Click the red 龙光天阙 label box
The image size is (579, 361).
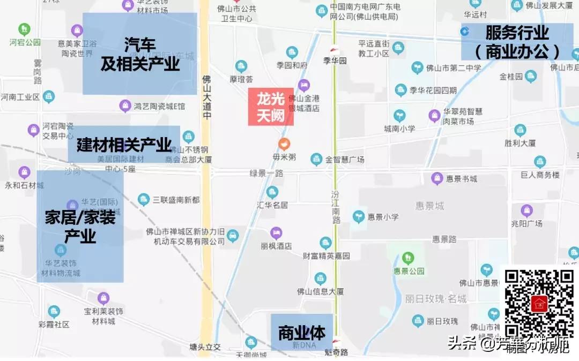271,107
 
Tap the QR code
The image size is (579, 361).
540,304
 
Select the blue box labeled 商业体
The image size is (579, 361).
302,333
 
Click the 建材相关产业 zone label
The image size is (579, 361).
124,145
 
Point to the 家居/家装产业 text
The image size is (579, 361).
80,226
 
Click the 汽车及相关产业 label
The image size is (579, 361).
140,54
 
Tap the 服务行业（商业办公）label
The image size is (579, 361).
517,42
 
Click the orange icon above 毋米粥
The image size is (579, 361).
284,144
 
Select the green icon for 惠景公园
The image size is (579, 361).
408,258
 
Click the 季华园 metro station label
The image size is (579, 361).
336,61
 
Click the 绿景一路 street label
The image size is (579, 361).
266,173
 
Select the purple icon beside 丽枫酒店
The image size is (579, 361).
276,233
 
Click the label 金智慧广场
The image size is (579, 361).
345,160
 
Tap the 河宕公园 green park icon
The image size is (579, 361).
25,29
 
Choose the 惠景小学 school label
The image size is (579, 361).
383,217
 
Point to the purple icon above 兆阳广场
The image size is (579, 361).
526,210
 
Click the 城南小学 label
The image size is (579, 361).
399,129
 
